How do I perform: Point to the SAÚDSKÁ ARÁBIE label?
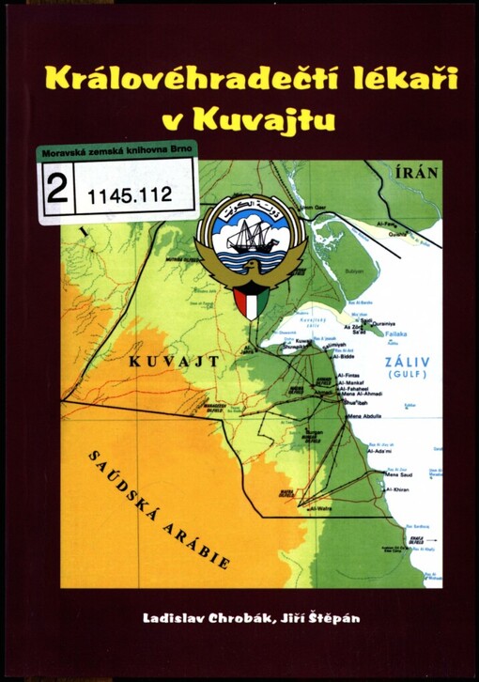[161, 508]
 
